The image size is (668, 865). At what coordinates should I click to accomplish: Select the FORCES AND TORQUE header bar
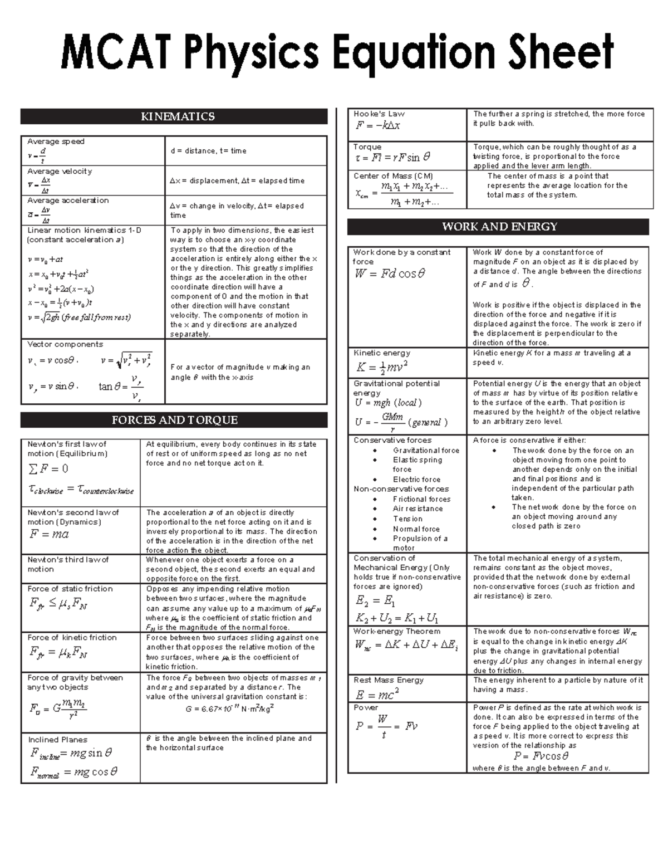point(174,421)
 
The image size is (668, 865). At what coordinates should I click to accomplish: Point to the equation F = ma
point(49,534)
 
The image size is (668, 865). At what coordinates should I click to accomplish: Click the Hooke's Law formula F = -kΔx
point(378,125)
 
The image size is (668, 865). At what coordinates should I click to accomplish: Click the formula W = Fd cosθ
point(390,274)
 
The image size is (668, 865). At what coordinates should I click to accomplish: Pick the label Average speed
point(56,141)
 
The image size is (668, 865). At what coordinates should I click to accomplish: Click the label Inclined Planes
point(58,740)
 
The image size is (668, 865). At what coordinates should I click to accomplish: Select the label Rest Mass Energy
point(389,680)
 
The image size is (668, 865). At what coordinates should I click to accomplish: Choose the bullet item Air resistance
point(417,509)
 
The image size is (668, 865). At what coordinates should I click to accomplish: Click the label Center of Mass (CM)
point(393,176)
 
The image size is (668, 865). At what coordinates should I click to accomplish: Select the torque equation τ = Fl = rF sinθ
point(392,158)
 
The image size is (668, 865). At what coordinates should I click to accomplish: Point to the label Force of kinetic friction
point(72,638)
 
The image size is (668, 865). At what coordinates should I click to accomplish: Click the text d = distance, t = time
point(208,151)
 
